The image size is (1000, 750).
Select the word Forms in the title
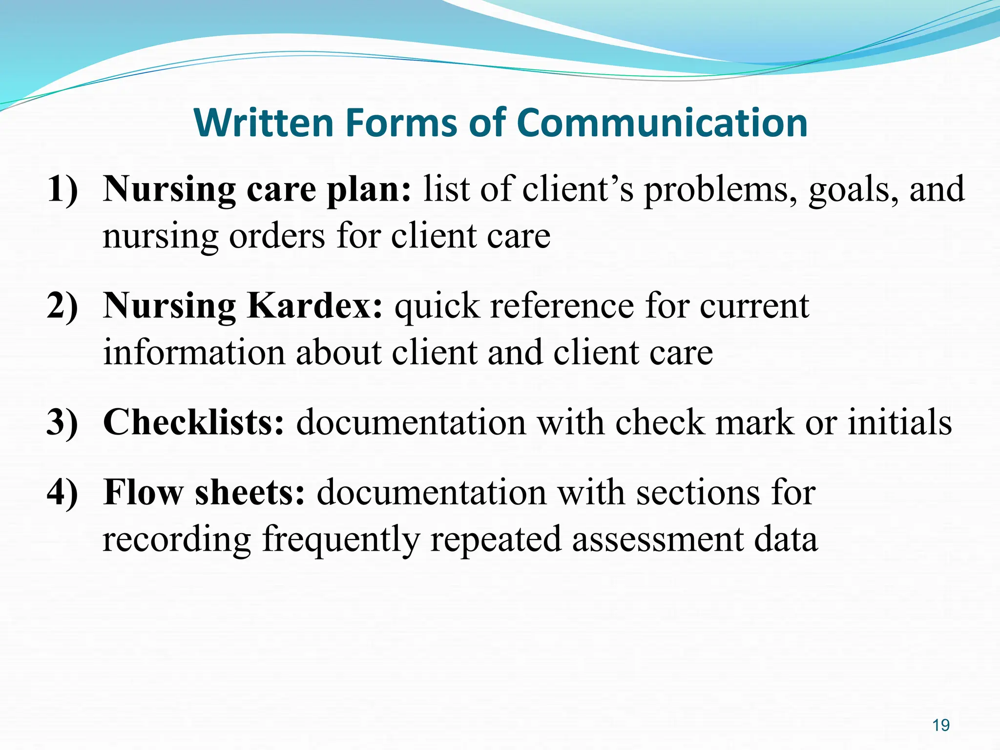402,123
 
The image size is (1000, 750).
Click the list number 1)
62,189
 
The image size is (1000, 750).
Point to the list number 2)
62,306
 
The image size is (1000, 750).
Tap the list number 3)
62,422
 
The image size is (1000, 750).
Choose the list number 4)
62,492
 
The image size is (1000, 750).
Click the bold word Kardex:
315,306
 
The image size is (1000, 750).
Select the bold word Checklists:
193,422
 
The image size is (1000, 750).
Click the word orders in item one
277,236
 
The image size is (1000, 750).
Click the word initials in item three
899,422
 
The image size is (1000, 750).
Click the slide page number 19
940,726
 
